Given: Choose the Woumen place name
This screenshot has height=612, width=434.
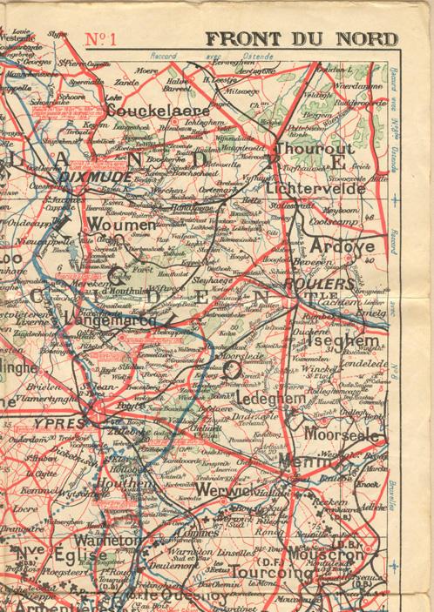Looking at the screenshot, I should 123,225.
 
